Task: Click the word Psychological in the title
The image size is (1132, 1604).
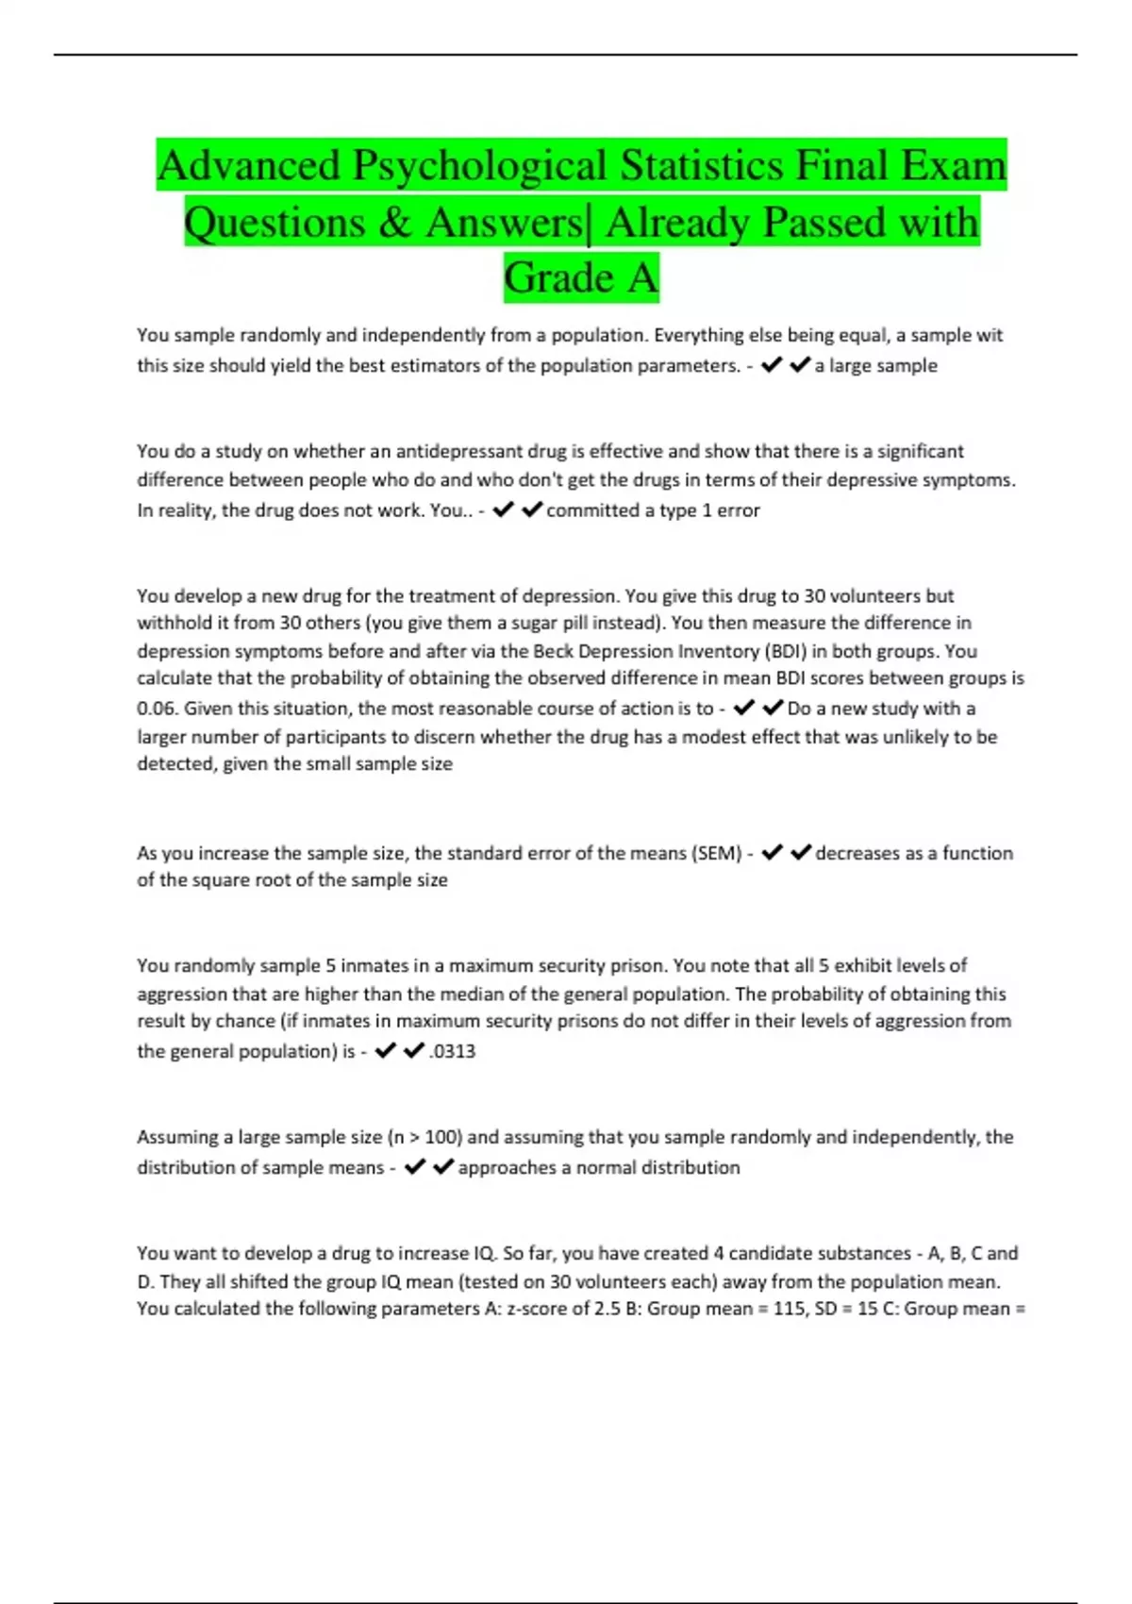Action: tap(478, 166)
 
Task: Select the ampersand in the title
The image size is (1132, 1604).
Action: tap(395, 223)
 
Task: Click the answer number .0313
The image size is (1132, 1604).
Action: tap(453, 1051)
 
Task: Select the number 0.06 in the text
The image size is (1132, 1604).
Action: tap(158, 709)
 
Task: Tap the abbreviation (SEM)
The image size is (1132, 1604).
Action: tap(717, 853)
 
